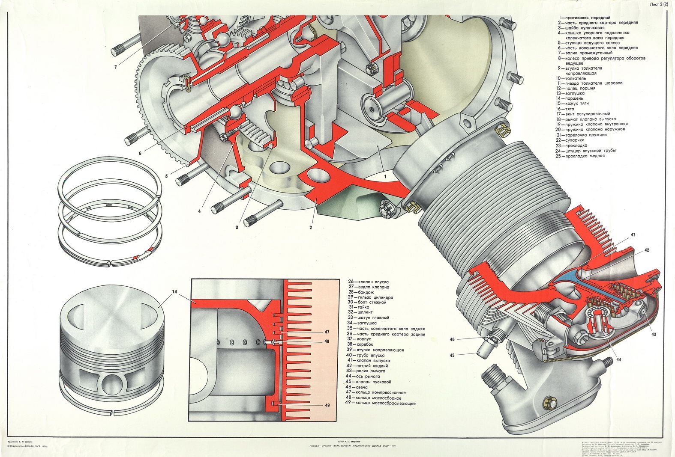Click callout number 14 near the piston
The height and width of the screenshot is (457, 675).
point(174,292)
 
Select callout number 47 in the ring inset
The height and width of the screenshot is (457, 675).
point(327,332)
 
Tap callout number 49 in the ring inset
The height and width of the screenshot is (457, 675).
point(327,405)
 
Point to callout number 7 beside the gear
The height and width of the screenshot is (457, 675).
point(116,67)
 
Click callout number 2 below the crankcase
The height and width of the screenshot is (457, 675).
point(311,227)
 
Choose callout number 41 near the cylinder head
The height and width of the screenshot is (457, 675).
point(633,235)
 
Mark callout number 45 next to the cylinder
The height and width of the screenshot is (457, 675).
point(452,355)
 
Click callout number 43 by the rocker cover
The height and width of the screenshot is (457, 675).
point(654,334)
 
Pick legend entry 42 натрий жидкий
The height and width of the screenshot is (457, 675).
point(368,366)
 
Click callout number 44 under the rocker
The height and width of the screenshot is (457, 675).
point(618,359)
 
